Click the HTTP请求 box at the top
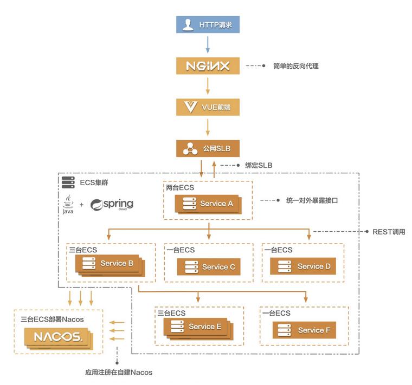[x=208, y=24]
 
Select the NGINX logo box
[x=208, y=66]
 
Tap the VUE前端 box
[x=208, y=107]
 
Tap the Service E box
[x=197, y=327]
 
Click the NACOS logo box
[x=57, y=337]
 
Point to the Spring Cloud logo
[x=112, y=205]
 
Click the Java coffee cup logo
[x=68, y=205]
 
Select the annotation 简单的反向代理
[x=295, y=66]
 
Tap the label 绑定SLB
[x=259, y=165]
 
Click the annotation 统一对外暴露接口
[x=316, y=200]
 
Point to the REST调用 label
[x=388, y=232]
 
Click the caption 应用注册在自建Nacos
[x=119, y=372]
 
